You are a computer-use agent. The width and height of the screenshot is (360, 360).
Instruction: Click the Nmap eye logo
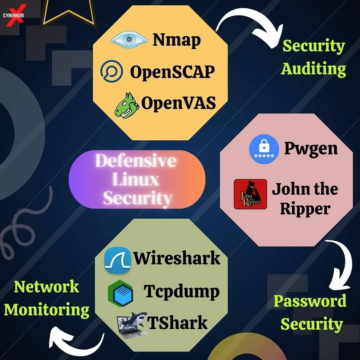[x=129, y=39]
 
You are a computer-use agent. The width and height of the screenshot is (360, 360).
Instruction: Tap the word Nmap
[x=177, y=40]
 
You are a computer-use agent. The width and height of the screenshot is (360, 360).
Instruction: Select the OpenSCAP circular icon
[x=112, y=71]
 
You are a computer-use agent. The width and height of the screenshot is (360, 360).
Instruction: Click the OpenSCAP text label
[x=172, y=72]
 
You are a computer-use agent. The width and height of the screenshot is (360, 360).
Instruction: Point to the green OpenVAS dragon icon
[x=127, y=105]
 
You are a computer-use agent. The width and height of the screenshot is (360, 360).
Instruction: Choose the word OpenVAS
[x=178, y=103]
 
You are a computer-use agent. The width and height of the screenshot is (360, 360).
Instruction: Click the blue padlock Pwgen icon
[x=264, y=149]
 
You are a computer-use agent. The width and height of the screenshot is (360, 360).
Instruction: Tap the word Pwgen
[x=311, y=149]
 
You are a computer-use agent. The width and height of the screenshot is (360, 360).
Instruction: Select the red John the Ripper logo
[x=250, y=194]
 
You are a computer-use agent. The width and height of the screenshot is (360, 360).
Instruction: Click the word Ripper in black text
[x=305, y=209]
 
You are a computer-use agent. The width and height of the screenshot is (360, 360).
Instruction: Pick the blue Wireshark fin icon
[x=118, y=261]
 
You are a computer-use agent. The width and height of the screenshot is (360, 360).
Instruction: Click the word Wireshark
[x=177, y=258]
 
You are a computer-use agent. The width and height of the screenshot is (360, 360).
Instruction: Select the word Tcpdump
[x=181, y=292]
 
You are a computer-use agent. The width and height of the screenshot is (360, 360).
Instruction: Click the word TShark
[x=177, y=322]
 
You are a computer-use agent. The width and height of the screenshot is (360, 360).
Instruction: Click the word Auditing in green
[x=313, y=69]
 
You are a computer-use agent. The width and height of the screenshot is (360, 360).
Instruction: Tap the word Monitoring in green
[x=47, y=310]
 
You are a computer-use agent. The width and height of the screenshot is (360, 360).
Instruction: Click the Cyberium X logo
[x=13, y=16]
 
